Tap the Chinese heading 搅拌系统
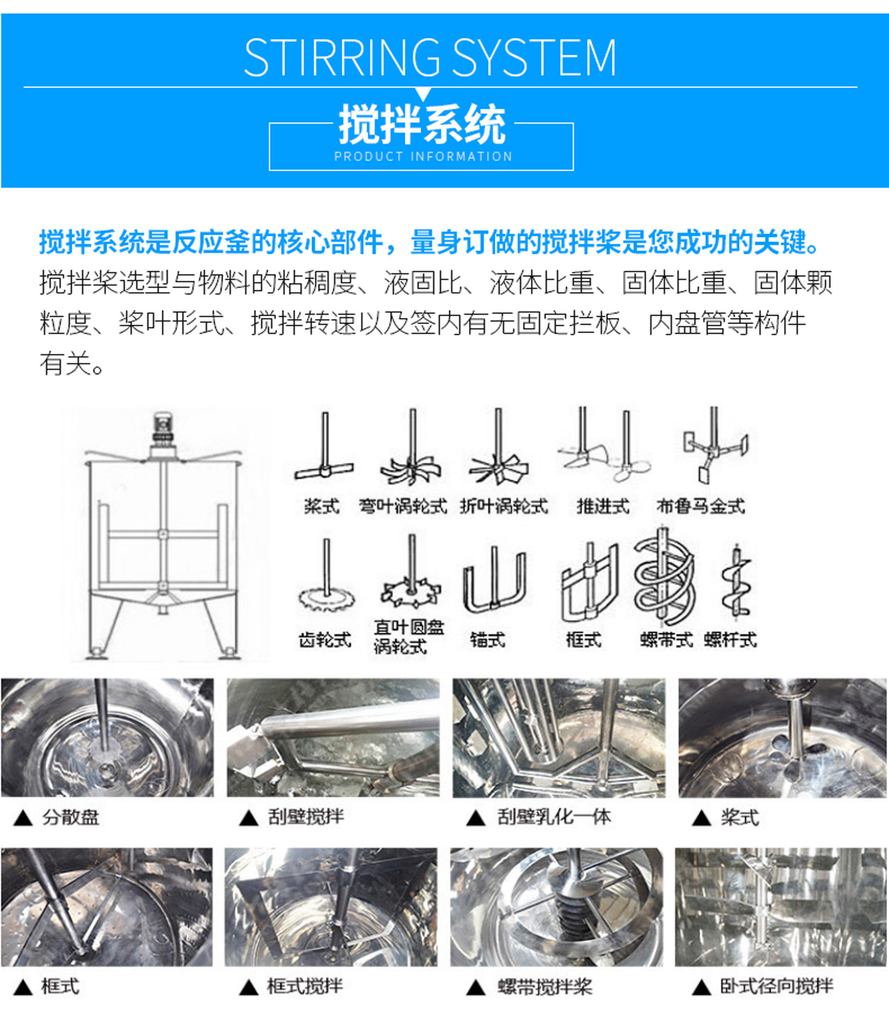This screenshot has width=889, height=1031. tap(422, 124)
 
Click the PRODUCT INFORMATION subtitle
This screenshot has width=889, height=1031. tap(423, 157)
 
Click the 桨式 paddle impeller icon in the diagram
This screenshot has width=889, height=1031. tap(324, 453)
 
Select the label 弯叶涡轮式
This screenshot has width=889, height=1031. tap(403, 507)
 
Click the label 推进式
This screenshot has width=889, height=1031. tap(603, 507)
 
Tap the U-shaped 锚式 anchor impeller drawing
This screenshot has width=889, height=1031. tap(494, 582)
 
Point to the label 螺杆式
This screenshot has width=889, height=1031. tap(730, 640)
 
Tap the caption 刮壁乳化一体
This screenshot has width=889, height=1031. tap(554, 817)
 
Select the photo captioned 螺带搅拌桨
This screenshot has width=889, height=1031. tap(557, 907)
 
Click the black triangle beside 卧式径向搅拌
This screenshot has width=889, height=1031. tap(701, 987)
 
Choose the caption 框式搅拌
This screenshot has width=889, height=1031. tap(305, 986)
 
